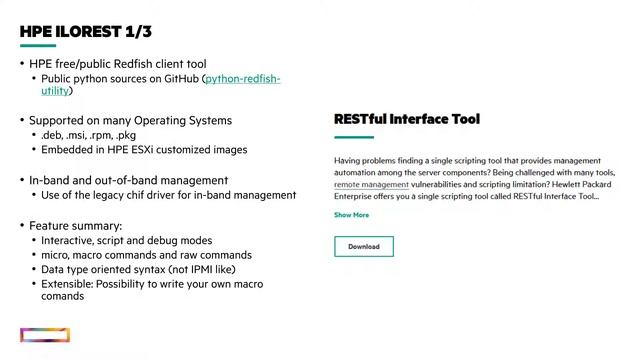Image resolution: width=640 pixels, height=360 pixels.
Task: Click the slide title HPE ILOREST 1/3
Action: pyautogui.click(x=85, y=32)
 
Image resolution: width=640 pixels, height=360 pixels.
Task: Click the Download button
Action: pyautogui.click(x=363, y=246)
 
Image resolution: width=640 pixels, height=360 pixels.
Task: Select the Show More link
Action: pyautogui.click(x=351, y=215)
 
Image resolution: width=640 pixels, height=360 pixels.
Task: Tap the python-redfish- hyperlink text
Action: pyautogui.click(x=243, y=78)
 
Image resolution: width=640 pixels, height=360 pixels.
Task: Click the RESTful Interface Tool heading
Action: pyautogui.click(x=406, y=119)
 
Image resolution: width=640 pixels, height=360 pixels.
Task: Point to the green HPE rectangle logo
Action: pyautogui.click(x=45, y=335)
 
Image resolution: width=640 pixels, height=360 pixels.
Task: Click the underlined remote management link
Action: pyautogui.click(x=371, y=185)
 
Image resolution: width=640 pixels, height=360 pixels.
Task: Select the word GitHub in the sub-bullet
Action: pyautogui.click(x=176, y=78)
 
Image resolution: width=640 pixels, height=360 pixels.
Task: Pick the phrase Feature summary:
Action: pyautogui.click(x=75, y=226)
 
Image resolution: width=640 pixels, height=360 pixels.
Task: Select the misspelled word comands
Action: pyautogui.click(x=63, y=296)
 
